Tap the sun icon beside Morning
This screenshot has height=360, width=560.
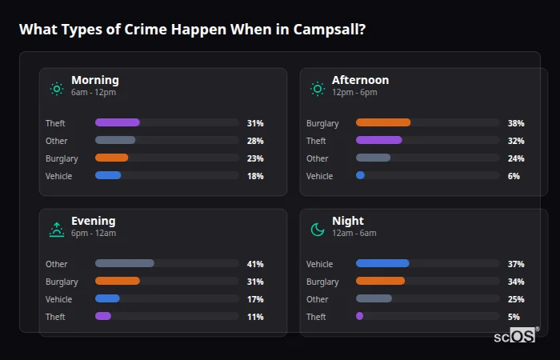57,89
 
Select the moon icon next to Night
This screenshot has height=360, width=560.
318,230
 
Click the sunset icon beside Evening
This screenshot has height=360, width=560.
57,230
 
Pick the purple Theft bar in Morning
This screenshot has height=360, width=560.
118,122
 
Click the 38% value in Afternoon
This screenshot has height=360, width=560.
516,123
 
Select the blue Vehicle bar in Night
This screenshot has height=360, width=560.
382,263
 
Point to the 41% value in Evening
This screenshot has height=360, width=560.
255,264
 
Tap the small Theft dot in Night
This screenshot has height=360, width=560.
359,316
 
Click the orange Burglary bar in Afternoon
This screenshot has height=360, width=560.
383,122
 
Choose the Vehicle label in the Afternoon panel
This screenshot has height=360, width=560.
319,176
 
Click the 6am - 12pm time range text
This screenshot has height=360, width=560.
94,93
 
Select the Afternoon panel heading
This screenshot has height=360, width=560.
360,80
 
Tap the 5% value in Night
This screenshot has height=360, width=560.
514,317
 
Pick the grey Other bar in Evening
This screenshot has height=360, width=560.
125,263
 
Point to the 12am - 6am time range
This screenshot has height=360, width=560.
354,234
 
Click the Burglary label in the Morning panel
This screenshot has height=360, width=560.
62,158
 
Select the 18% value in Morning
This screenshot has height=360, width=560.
255,176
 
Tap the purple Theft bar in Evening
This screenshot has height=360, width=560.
103,316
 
